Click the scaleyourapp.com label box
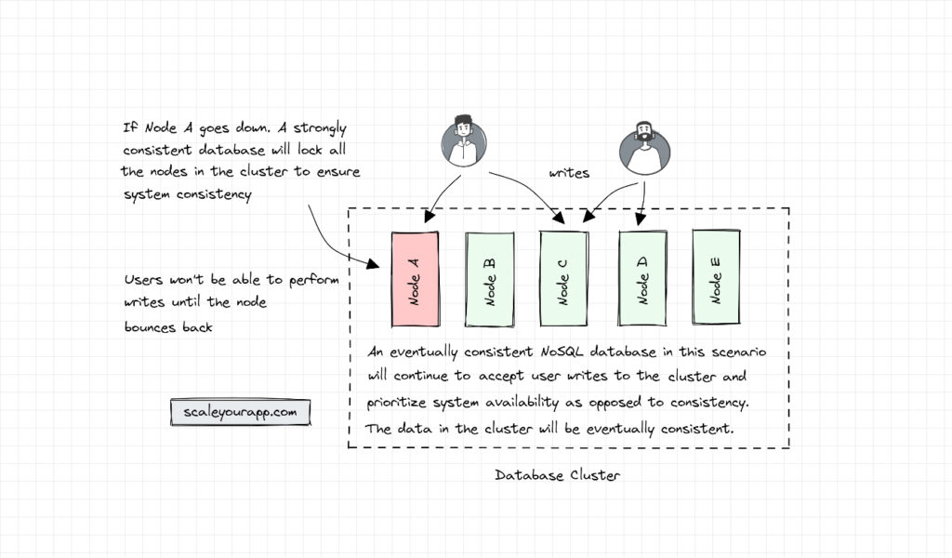coord(239,412)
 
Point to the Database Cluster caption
coord(557,475)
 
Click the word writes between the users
coord(569,173)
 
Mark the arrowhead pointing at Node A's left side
coord(374,265)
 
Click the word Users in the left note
coord(144,282)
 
